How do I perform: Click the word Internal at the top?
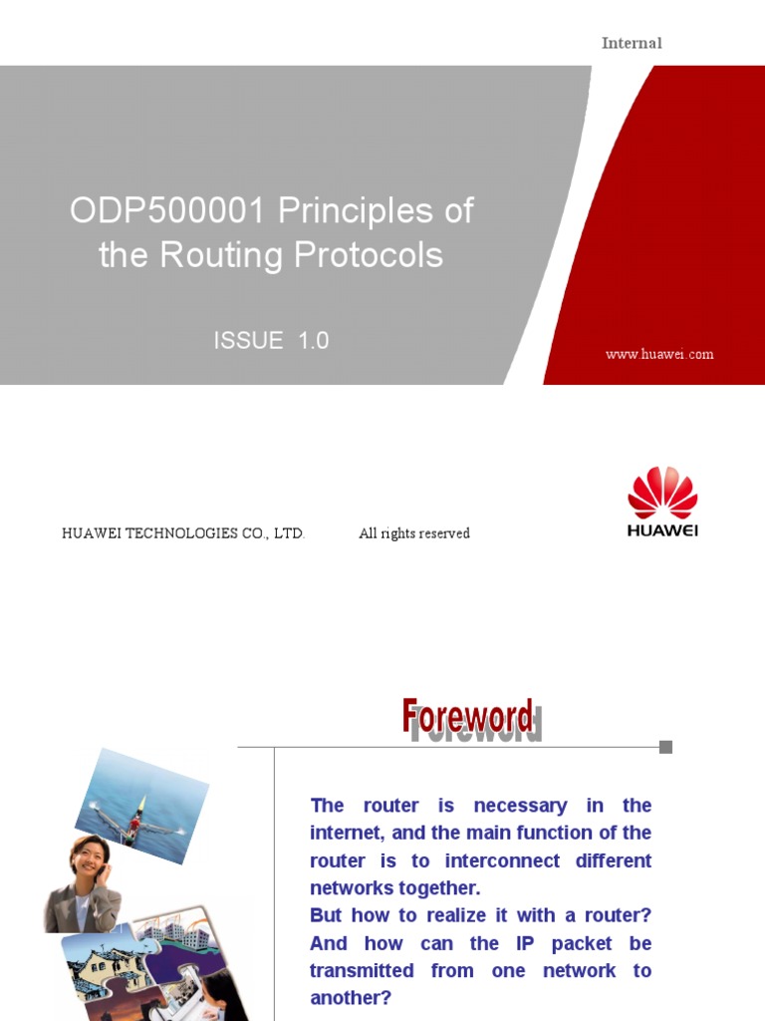(632, 43)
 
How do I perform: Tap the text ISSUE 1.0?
(271, 341)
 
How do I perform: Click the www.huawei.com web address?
(659, 354)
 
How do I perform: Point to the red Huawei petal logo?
(662, 493)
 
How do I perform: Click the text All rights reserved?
(414, 533)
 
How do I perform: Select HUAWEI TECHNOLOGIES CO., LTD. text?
(183, 533)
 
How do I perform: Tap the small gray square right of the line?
(665, 747)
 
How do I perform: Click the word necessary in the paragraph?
(520, 806)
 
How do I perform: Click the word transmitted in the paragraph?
(362, 970)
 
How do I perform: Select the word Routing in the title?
(220, 256)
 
